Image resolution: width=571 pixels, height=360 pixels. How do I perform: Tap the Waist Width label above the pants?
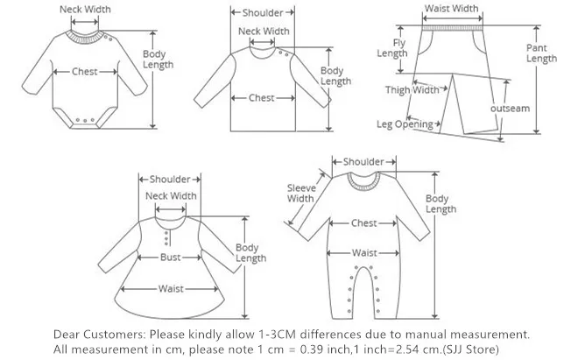[451, 9]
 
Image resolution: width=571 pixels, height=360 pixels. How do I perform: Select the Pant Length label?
[540, 53]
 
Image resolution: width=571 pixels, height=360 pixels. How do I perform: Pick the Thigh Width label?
[412, 89]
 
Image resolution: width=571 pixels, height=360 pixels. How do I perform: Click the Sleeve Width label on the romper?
[301, 193]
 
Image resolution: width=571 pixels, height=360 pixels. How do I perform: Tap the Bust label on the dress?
[170, 258]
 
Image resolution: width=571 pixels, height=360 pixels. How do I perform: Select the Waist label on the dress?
[170, 288]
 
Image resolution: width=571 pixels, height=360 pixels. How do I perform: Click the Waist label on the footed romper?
[364, 253]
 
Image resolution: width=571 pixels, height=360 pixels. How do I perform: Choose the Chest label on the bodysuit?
[84, 71]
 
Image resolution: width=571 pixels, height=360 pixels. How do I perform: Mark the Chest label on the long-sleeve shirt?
[261, 98]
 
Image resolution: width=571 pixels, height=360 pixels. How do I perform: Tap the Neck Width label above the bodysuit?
[84, 10]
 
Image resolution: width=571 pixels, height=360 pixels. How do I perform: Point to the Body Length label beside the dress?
[250, 253]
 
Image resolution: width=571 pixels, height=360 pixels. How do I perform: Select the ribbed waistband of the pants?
[451, 26]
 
